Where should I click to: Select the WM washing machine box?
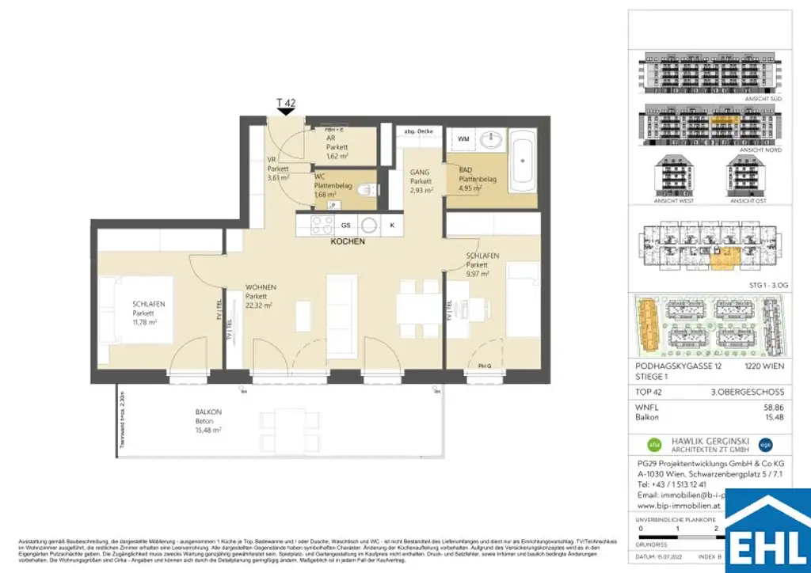point(463,140)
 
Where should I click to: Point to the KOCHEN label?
point(348,241)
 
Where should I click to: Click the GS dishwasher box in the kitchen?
point(345,225)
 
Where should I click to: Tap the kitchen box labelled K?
point(391,225)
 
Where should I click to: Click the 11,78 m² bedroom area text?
point(145,322)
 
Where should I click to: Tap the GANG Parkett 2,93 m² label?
point(421,181)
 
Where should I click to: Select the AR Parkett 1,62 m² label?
point(338,146)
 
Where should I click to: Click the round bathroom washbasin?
point(492,140)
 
